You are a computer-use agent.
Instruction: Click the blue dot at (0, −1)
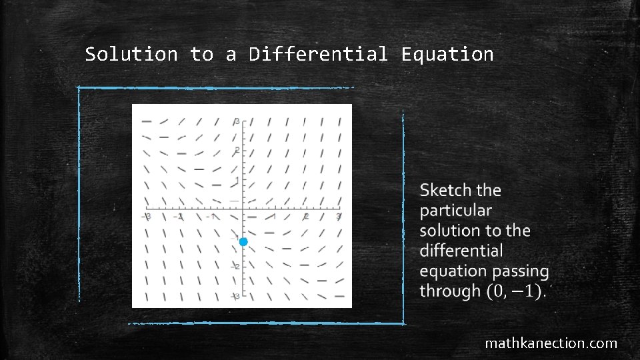tap(243, 241)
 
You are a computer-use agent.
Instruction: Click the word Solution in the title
tap(131, 54)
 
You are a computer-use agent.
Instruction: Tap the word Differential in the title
tap(318, 54)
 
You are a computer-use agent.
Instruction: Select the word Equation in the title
tap(447, 54)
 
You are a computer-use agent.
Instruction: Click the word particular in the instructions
tap(456, 211)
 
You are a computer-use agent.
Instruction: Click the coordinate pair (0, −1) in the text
tap(516, 291)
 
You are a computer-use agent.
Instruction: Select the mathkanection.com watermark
tap(551, 344)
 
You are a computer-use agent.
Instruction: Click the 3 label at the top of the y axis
tap(237, 121)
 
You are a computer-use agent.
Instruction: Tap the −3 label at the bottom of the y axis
tap(235, 296)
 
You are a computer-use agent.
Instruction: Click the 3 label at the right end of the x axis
tap(339, 217)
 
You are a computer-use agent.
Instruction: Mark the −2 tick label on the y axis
tap(235, 266)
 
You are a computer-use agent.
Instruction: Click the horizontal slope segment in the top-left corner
tap(147, 122)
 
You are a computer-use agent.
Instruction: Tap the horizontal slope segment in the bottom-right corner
tap(339, 296)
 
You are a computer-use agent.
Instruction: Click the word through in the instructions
tap(450, 291)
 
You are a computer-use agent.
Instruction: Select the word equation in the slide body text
tap(454, 271)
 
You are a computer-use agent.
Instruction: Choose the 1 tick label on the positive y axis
tap(237, 181)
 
